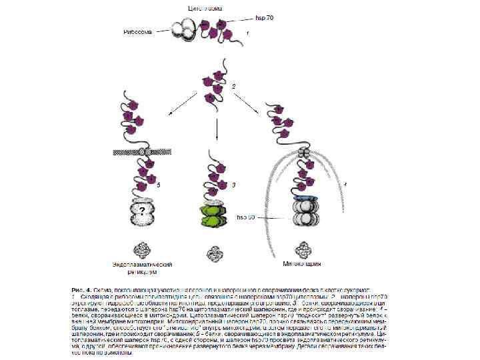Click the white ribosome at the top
(x=184, y=27)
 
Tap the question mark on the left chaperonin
(x=141, y=212)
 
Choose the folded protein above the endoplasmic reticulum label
(x=142, y=248)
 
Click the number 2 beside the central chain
(x=233, y=87)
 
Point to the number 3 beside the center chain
(x=233, y=184)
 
